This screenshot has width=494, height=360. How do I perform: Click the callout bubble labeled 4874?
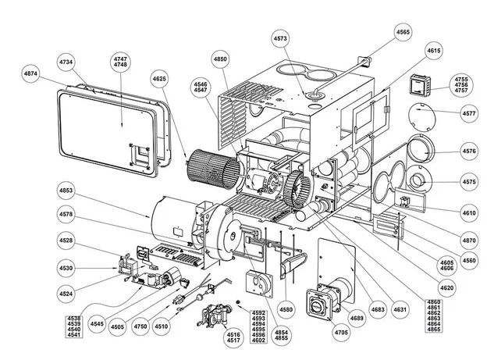coord(30,73)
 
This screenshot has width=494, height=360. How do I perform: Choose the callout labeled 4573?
coord(281,37)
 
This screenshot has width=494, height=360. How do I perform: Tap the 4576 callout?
coord(468,151)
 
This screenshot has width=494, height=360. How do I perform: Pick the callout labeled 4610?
coord(468,212)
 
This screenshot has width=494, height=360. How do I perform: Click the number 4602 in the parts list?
coord(258,341)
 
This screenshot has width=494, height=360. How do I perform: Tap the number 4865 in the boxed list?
coord(433,331)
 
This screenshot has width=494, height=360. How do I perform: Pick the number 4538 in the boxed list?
coord(75,319)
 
